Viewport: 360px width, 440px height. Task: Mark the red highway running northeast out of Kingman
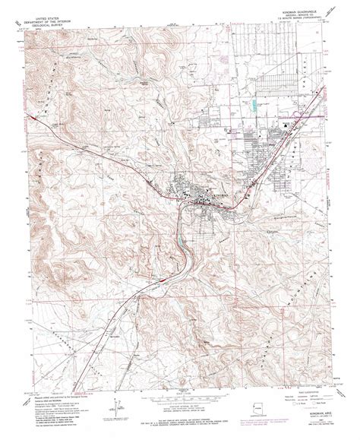pos(266,160)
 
